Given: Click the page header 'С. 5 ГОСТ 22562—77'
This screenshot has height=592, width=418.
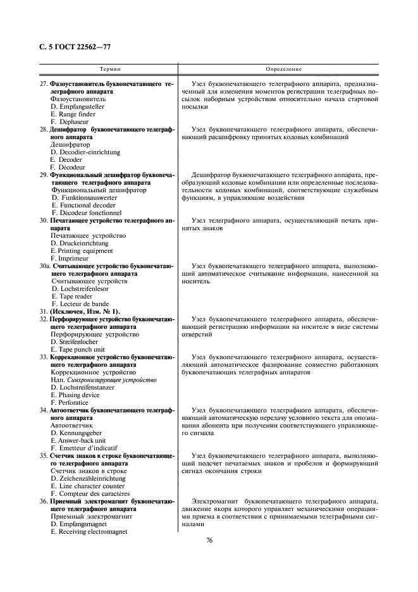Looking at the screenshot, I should point(71,47).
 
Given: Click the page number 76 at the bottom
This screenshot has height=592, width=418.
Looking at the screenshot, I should point(209,540).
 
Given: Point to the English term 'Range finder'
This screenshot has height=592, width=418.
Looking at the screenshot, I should point(73,114).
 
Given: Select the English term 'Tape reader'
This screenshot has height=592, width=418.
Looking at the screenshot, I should point(73,296).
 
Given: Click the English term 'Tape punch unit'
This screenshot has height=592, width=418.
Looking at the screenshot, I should point(78,349).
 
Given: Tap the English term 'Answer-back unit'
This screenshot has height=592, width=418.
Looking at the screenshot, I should point(78,440).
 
